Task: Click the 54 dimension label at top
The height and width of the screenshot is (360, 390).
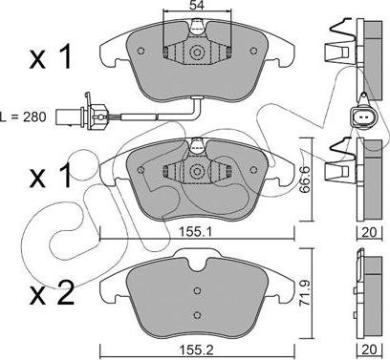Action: click(197, 5)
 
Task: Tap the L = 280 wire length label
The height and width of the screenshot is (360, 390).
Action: click(23, 116)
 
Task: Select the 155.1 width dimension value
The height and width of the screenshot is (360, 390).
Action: click(197, 232)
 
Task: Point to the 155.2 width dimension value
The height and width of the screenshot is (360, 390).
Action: click(197, 350)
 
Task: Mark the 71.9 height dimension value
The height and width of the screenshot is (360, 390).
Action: click(305, 293)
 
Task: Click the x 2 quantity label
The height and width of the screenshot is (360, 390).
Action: click(52, 294)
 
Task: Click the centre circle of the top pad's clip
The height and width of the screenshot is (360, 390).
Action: click(197, 53)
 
